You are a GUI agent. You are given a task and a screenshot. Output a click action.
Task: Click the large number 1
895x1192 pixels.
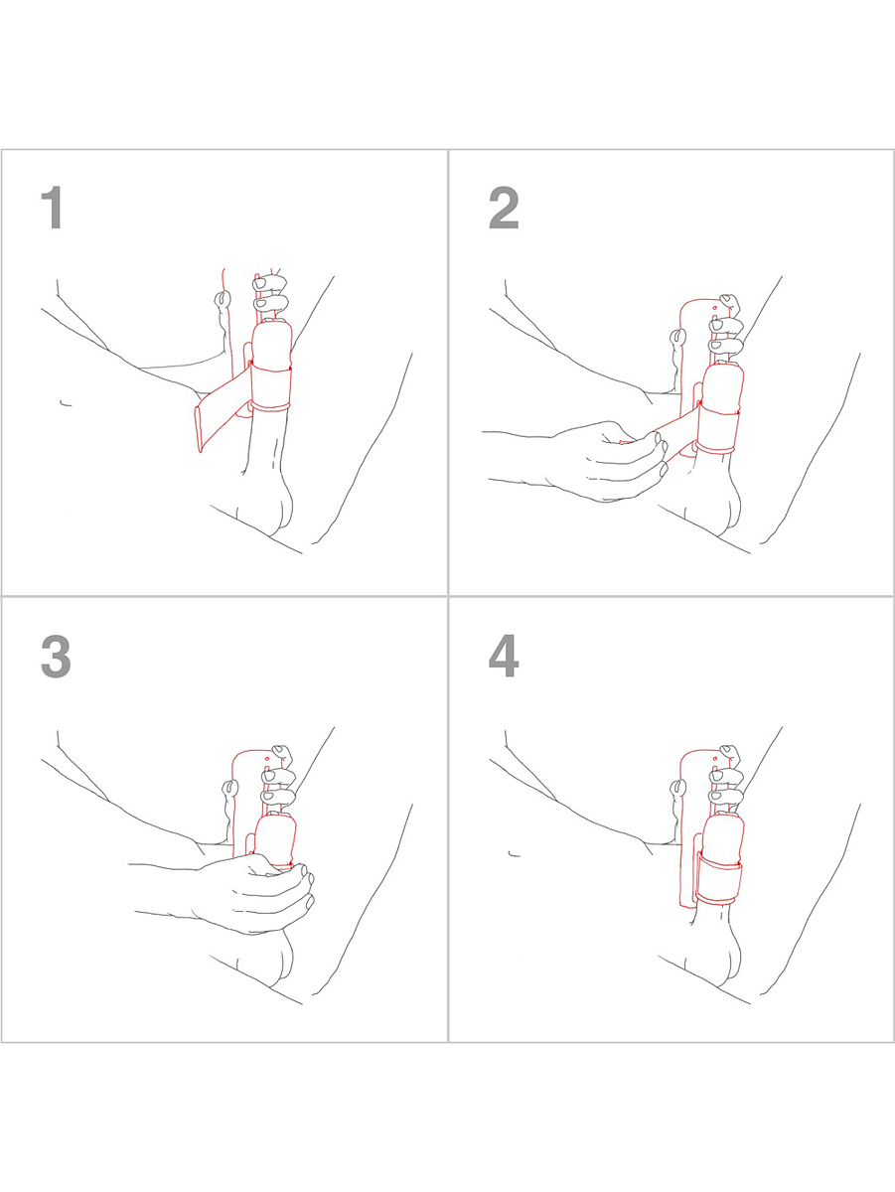tap(53, 208)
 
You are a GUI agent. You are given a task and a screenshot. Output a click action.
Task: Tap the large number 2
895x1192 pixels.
tap(504, 208)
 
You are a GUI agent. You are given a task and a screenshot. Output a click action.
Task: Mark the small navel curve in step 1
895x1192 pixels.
tap(66, 403)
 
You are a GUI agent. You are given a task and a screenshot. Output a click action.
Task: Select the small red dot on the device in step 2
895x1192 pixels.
tap(714, 308)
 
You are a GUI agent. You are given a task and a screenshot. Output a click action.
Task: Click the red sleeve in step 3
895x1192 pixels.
tap(275, 839)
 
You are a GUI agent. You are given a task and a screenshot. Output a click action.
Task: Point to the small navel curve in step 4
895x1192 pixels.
tap(514, 854)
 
